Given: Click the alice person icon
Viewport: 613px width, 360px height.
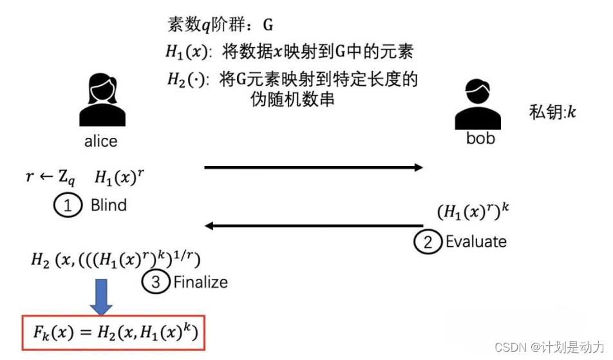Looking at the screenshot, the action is click(x=102, y=100).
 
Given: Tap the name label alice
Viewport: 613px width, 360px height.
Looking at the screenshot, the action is click(x=101, y=141).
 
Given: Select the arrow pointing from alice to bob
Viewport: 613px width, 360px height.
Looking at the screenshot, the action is click(x=313, y=167).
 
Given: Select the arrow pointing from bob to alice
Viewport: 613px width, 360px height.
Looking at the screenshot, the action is click(x=313, y=225).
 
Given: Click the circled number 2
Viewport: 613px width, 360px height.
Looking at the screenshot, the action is click(x=426, y=242).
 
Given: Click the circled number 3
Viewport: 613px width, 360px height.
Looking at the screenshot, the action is click(x=155, y=282).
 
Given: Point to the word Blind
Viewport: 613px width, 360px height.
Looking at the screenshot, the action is click(x=108, y=205).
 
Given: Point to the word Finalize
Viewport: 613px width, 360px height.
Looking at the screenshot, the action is click(x=200, y=282).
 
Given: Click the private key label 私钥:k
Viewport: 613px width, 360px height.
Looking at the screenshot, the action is click(x=552, y=111).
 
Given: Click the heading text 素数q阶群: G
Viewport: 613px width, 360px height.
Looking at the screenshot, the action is click(x=220, y=26).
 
